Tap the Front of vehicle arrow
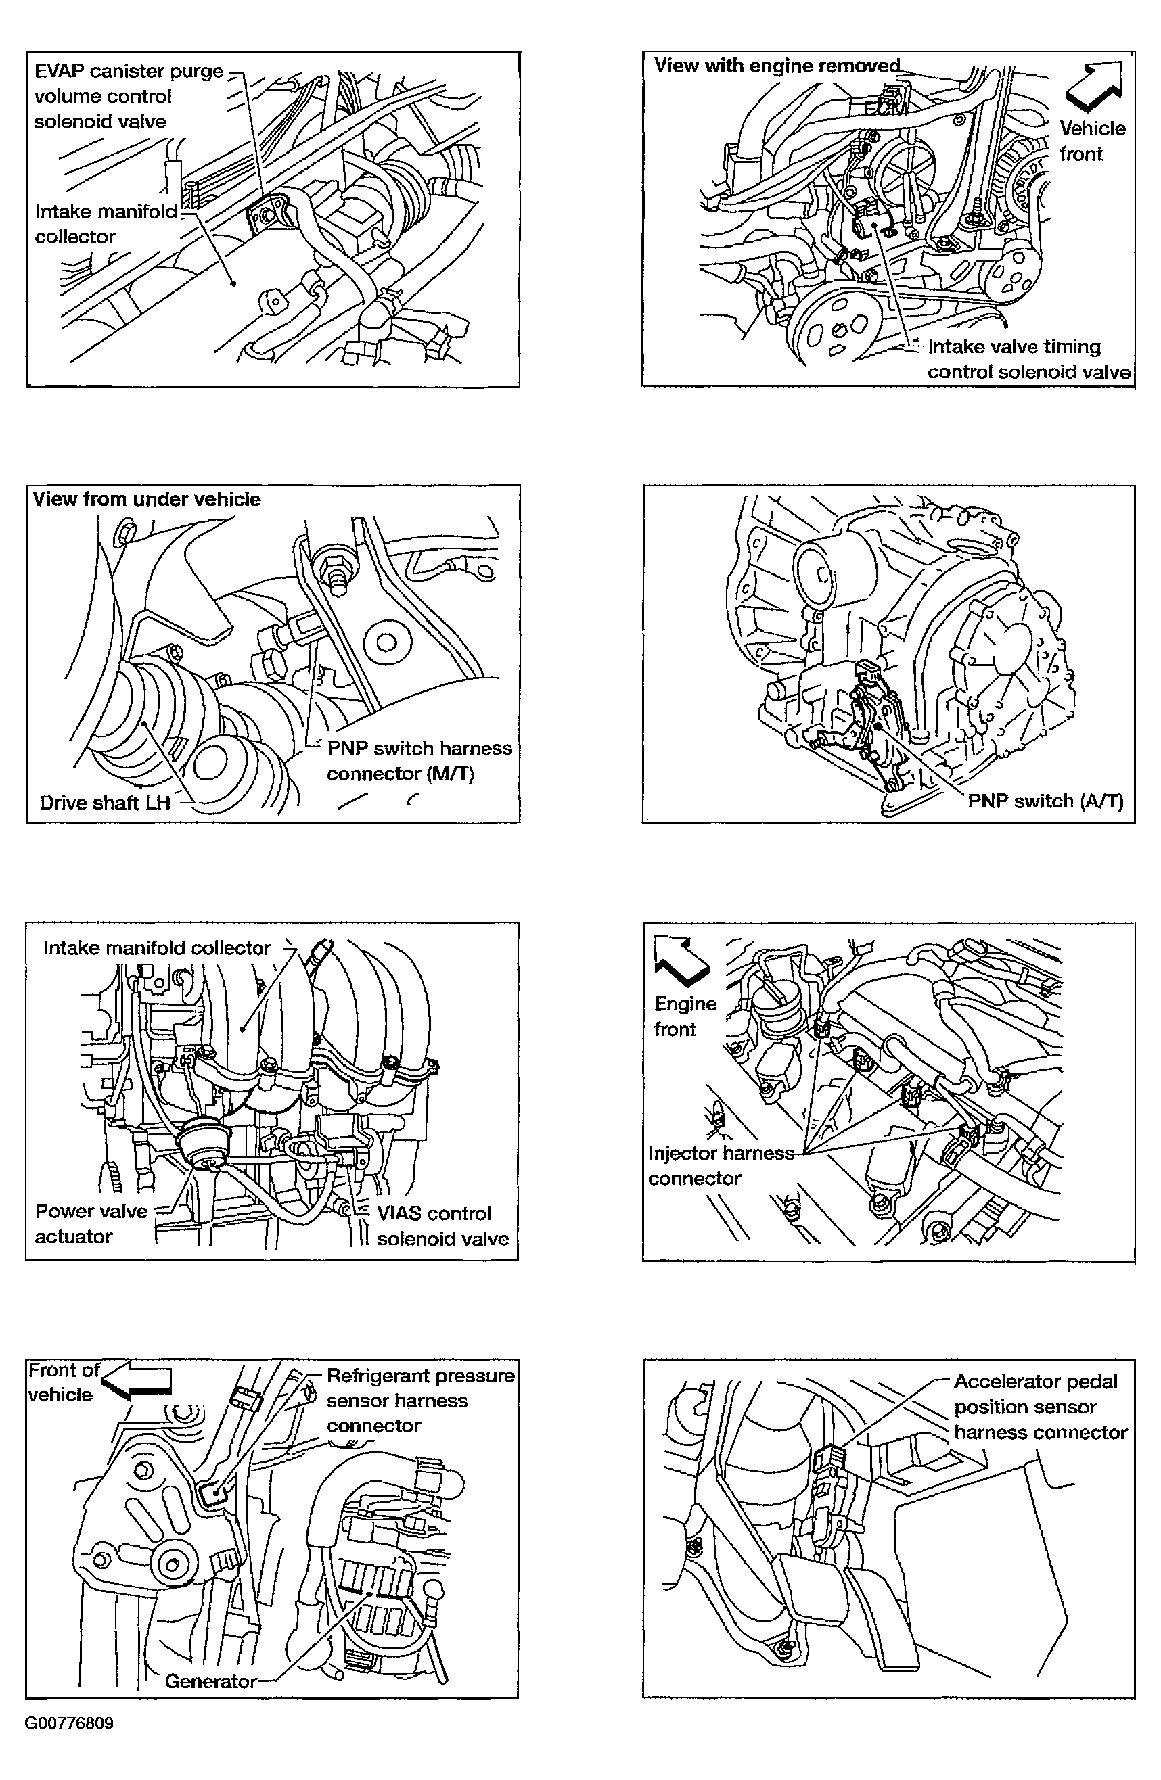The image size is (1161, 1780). tap(137, 1382)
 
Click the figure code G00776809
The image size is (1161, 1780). tap(69, 1723)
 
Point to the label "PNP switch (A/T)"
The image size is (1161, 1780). tap(1045, 801)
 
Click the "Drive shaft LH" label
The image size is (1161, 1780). tap(105, 803)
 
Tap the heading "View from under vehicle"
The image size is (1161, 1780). tap(147, 499)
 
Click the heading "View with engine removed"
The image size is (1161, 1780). tap(777, 66)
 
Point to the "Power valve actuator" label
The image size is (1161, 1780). tap(91, 1223)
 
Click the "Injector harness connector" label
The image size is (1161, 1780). tap(721, 1165)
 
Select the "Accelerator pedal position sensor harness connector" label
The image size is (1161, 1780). tap(1040, 1407)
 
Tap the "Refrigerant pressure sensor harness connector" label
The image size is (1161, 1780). tap(419, 1400)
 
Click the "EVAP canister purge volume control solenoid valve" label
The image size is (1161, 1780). tap(129, 97)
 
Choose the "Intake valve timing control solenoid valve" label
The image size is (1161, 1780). tap(1028, 359)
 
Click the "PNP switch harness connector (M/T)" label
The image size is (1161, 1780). tap(419, 761)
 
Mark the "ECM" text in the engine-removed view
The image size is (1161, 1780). tap(886, 109)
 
